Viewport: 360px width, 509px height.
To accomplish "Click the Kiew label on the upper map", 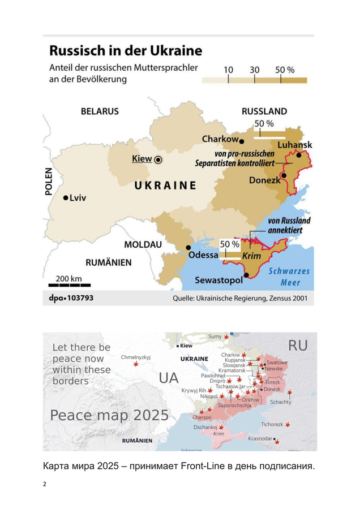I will tap(142, 159).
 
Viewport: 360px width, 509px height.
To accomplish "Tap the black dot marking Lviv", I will tap(66, 197).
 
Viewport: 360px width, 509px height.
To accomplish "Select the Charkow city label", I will tap(220, 139).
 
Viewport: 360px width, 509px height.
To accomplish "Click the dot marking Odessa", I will tap(188, 247).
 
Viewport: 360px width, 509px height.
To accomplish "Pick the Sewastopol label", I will tap(218, 280).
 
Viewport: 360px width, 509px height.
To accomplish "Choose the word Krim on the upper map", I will tap(251, 256).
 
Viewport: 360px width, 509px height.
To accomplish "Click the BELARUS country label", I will tap(100, 111).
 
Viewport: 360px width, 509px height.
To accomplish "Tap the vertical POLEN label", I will tap(49, 181).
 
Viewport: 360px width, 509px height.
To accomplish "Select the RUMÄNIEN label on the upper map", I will tap(108, 262).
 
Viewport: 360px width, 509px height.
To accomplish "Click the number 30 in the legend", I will tap(254, 70).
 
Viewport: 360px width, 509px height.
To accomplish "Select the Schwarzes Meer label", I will tap(289, 276).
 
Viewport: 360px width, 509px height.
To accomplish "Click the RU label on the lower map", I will tap(298, 345).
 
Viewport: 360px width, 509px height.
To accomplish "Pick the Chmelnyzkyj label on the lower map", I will tap(136, 357).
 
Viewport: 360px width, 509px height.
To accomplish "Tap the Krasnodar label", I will tap(260, 438).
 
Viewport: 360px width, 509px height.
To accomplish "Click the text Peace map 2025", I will tap(109, 415).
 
